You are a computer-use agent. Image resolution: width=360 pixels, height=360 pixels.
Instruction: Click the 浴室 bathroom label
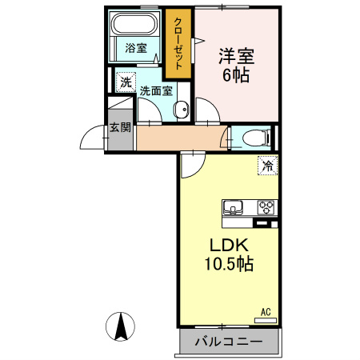pos(136,48)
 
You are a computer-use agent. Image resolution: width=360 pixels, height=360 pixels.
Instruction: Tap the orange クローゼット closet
pos(178,45)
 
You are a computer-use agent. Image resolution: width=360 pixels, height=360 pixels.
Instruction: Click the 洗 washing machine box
pos(126,82)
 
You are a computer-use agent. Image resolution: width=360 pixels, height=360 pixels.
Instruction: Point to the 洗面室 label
pos(156,90)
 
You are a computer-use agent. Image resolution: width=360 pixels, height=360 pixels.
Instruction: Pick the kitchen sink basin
pos(234,208)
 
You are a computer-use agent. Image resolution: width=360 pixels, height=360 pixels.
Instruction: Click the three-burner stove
pos(266,208)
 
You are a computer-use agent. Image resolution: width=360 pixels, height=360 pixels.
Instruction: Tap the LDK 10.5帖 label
pos(230,254)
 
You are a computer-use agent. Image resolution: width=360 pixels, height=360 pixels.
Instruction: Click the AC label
pos(266,311)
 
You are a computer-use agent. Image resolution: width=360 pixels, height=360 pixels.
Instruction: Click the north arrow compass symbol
pos(121,326)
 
